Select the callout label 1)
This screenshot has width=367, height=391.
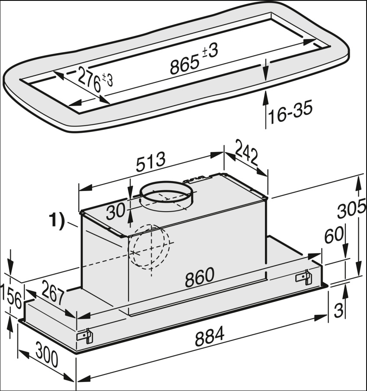pyautogui.click(x=56, y=221)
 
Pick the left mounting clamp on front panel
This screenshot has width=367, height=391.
pyautogui.click(x=85, y=336)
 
